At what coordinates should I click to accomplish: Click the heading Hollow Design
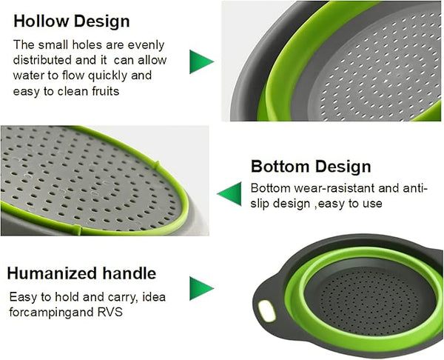(72, 21)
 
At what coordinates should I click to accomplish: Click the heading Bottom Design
(311, 166)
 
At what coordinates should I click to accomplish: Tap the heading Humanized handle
(81, 273)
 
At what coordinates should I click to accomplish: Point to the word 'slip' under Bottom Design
(262, 204)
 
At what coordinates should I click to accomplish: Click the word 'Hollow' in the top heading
(41, 21)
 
